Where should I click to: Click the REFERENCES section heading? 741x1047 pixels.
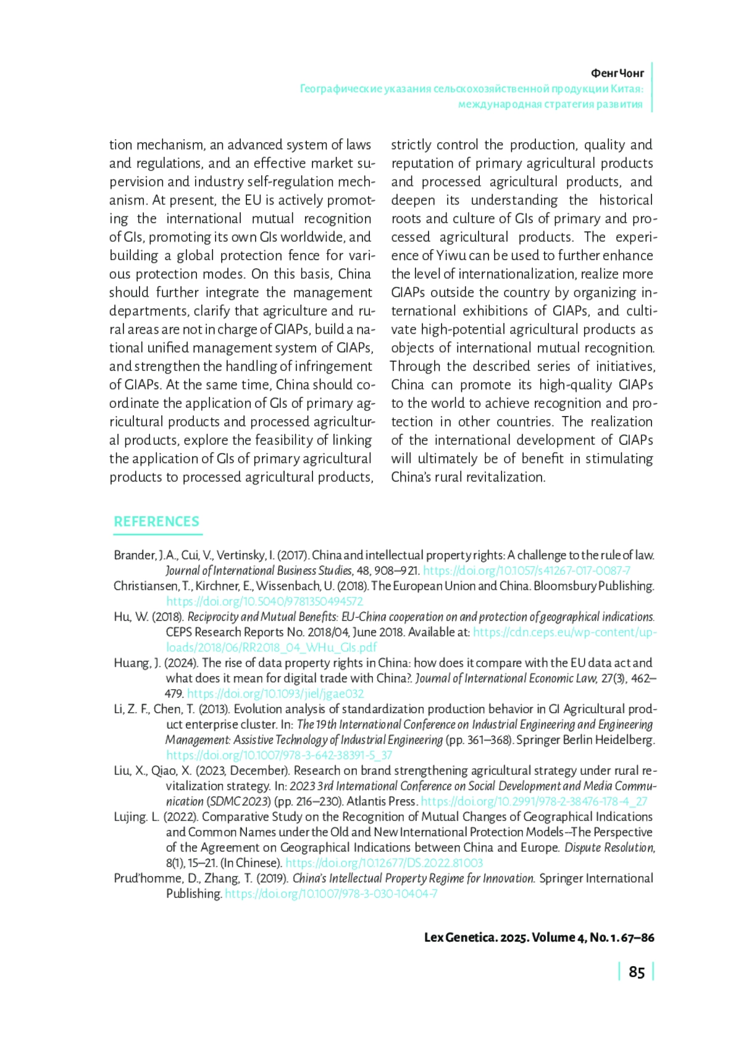coord(156,522)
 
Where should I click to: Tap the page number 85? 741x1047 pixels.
coord(636,972)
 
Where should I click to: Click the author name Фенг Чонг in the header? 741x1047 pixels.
coord(617,73)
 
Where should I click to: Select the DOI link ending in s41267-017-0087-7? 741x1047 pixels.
coord(526,570)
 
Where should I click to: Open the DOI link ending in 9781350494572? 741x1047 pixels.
coord(264,601)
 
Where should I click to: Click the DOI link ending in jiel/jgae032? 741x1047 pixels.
coord(275,693)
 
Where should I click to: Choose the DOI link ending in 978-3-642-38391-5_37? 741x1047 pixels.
coord(278,755)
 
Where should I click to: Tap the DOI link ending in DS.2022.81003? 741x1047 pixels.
coord(383,863)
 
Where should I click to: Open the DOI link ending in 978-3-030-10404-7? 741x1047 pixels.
coord(331,894)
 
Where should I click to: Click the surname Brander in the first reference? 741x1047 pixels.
coord(135,555)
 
